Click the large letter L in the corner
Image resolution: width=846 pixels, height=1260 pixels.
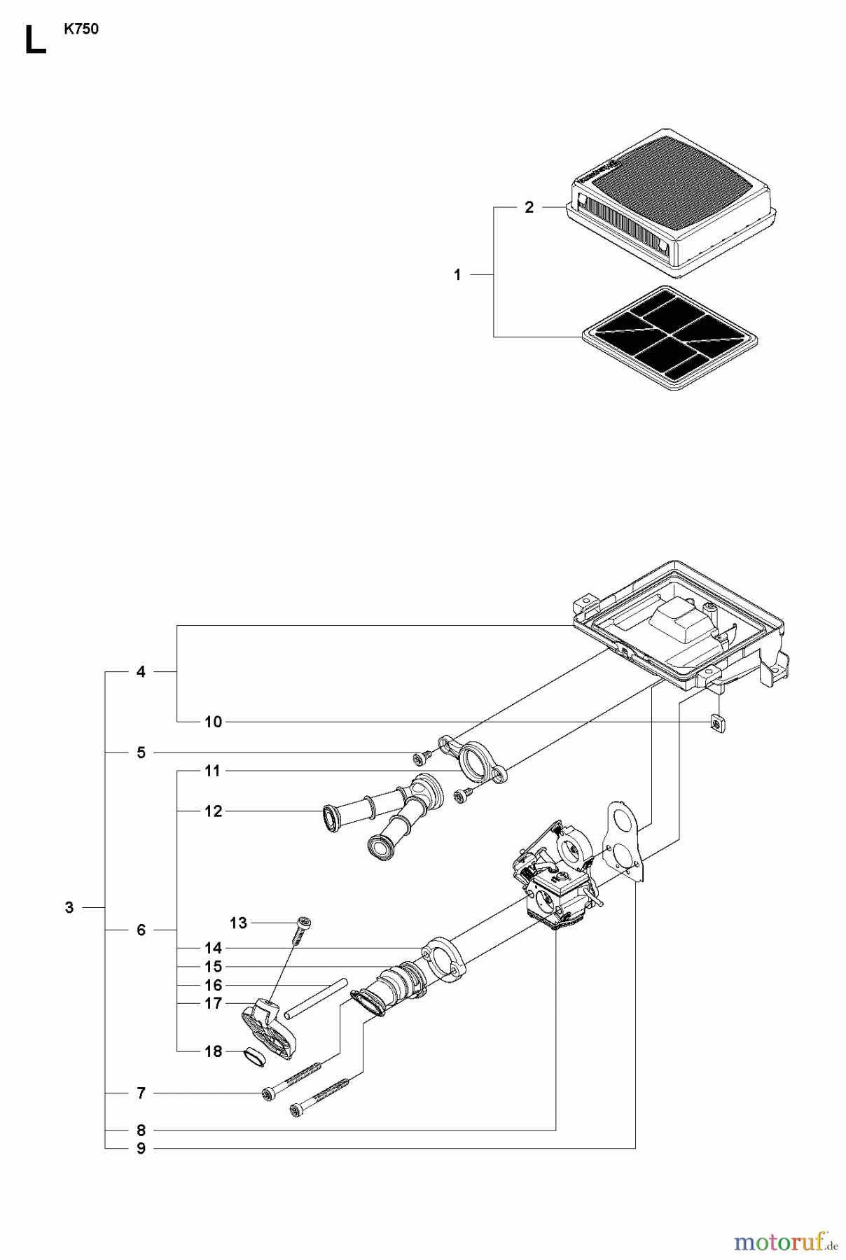pos(34,41)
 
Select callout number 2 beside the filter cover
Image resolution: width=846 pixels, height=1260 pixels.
pos(529,207)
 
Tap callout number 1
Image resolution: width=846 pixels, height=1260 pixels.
pos(457,275)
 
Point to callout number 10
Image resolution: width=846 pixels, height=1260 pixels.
pos(214,722)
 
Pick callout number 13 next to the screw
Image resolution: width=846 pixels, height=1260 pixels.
pos(238,923)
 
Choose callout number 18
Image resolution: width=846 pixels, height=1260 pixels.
pos(214,1051)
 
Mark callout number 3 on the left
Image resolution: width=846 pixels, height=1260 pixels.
pos(69,907)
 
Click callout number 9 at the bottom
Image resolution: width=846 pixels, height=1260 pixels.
pos(141,1148)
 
